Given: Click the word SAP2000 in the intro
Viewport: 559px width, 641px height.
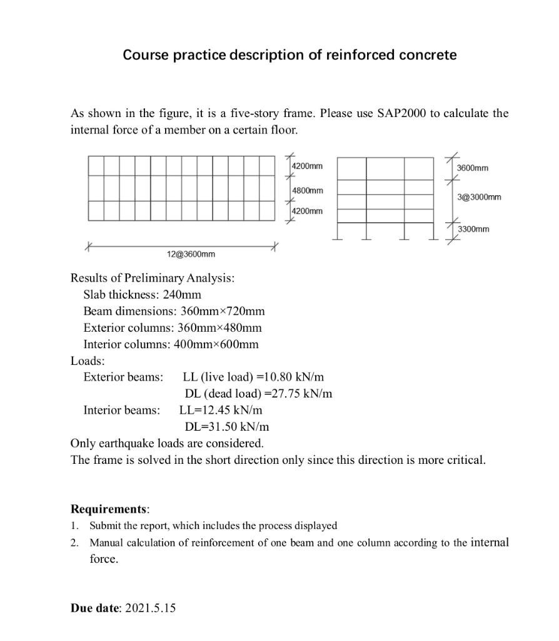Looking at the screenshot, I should (401, 113).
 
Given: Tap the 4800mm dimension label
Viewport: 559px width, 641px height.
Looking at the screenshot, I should (308, 190).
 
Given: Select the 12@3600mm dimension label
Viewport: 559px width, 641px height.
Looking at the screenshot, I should (191, 254).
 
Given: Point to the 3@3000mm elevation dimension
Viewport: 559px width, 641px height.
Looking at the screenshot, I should (479, 197).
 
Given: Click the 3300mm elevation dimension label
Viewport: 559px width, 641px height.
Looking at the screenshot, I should (473, 229).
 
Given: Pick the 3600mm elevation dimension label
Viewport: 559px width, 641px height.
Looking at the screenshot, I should (473, 168).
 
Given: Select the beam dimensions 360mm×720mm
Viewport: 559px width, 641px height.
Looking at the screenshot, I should (223, 311).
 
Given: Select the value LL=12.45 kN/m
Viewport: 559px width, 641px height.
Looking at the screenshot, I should (221, 410).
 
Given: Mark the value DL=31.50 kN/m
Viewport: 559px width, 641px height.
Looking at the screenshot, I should (227, 427).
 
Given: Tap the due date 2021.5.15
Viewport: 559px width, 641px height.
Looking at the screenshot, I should (151, 608).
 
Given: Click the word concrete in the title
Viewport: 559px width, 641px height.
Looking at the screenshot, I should (425, 55).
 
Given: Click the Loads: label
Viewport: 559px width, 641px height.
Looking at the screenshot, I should (88, 361).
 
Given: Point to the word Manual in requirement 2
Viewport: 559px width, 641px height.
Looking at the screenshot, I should (106, 543).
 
